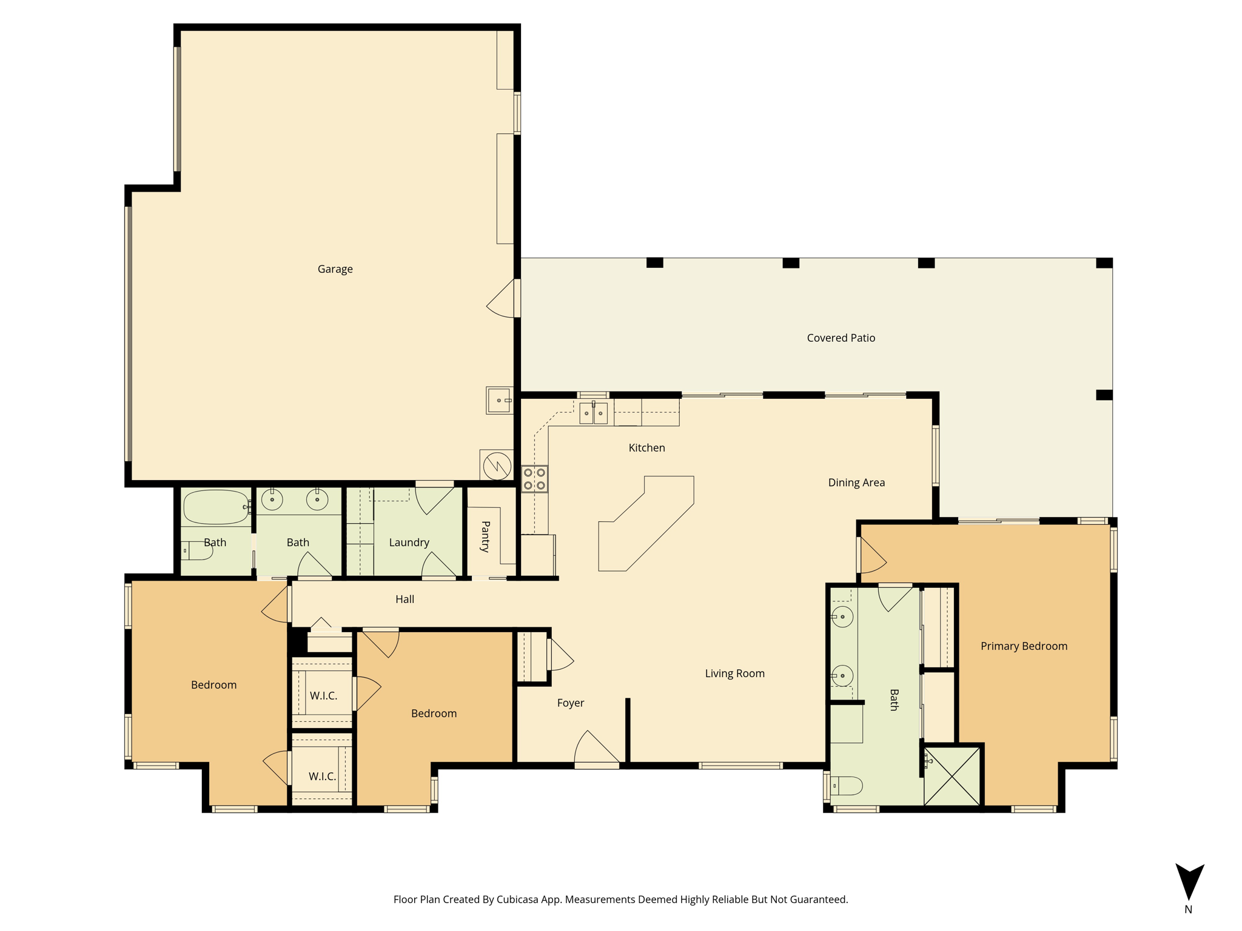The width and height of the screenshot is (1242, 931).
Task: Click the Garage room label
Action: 335,269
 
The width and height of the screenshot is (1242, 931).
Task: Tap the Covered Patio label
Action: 841,338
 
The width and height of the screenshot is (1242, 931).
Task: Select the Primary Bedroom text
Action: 1024,646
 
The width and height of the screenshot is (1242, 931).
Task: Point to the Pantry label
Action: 485,536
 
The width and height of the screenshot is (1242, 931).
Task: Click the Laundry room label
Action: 409,542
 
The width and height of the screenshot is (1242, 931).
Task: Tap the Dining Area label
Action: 856,482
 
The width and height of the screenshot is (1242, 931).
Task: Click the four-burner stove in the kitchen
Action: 534,479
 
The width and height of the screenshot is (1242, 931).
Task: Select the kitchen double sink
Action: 593,413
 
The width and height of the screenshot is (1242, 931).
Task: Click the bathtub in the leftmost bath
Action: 217,507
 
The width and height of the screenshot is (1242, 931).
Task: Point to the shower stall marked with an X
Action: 952,776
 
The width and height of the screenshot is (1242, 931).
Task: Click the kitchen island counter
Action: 646,524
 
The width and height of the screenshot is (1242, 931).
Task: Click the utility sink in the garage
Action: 499,401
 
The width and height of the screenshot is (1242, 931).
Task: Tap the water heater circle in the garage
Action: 497,466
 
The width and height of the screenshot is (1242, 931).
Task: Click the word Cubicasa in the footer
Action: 519,899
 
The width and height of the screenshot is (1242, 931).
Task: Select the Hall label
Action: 404,599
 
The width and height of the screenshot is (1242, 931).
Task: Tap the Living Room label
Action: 734,673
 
